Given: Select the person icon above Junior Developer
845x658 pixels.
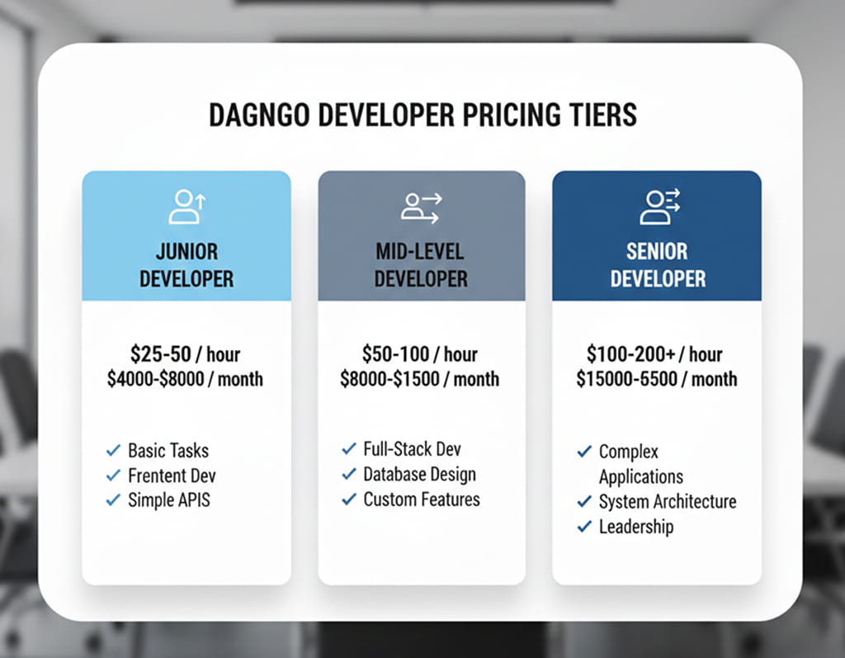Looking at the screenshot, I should coord(186,207).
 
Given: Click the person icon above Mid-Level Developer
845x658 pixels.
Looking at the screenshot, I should coord(421,207).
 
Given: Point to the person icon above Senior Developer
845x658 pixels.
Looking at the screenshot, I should coord(658,207).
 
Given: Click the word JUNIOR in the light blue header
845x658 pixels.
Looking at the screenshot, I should coord(186,251).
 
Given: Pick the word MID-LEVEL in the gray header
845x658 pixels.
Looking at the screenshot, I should coord(421,251).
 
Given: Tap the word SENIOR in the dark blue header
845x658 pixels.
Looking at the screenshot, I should coord(658,251).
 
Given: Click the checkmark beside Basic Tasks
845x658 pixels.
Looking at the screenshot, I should coord(114,451).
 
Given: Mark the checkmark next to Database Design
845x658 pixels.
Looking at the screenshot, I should coord(349,475).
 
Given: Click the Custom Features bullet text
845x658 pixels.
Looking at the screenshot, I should coord(421,499).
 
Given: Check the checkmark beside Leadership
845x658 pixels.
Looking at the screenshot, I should coord(584,527).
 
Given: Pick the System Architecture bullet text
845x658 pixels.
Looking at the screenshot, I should coord(667,502).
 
